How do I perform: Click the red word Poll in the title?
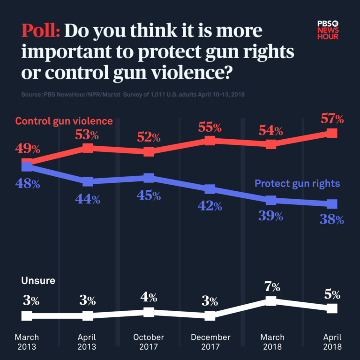pos(40,31)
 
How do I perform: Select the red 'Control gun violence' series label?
pos(64,121)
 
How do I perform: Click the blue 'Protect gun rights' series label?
pos(297,183)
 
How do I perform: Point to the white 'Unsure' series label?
pos(38,281)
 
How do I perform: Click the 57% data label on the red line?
pos(332,118)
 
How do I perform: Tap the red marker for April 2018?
pos(332,133)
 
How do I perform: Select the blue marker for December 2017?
pos(210,189)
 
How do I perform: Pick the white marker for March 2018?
pos(271,301)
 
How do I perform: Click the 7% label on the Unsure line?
pos(272,286)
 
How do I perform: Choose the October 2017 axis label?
pos(149,342)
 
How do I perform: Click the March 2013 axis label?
pos(27,342)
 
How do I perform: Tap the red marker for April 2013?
pos(88,148)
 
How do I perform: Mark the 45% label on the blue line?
pos(149,195)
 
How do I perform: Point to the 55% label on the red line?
pos(210,126)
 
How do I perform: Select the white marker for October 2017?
pos(149,312)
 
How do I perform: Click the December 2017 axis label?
pos(210,342)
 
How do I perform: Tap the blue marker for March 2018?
pos(271,200)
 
